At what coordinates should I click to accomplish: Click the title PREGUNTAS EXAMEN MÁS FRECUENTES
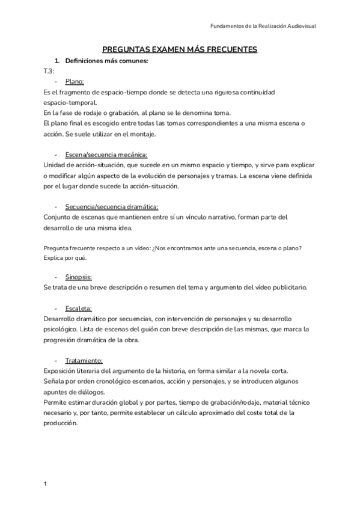(x=180, y=49)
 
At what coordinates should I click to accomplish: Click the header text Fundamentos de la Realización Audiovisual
(x=265, y=26)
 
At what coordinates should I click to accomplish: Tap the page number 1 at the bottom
(x=46, y=484)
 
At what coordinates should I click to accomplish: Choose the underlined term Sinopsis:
(x=79, y=277)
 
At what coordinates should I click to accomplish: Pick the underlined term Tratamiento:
(x=84, y=360)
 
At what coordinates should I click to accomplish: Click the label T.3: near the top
(x=49, y=71)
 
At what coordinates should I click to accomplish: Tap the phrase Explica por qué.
(x=66, y=258)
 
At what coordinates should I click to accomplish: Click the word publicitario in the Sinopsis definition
(x=286, y=287)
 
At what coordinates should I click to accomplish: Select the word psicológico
(x=63, y=329)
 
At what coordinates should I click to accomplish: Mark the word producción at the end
(x=61, y=422)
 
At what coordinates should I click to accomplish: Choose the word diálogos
(x=89, y=391)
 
